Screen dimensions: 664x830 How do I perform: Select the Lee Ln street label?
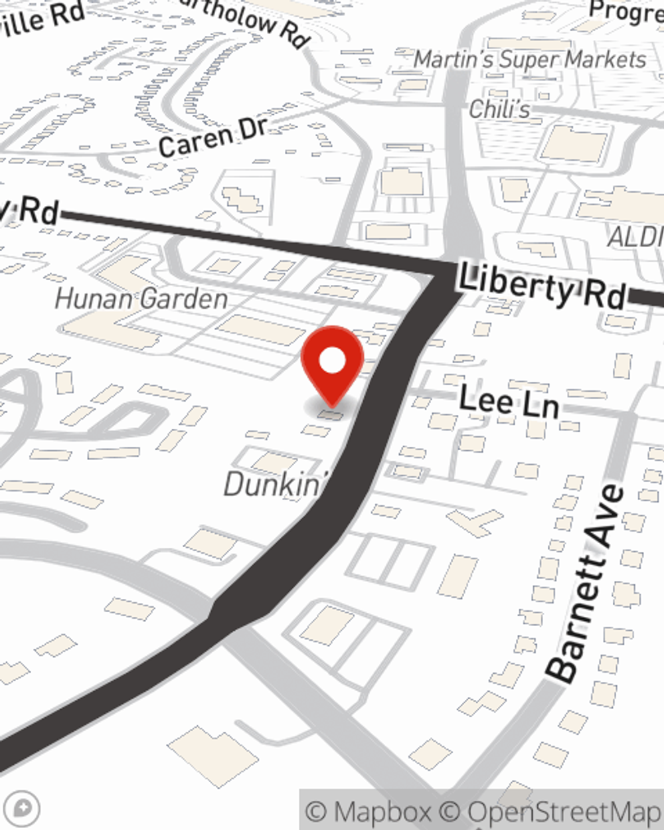click(x=509, y=402)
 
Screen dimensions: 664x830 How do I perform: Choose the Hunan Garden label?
click(x=141, y=299)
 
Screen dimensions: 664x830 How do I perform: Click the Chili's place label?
click(x=499, y=109)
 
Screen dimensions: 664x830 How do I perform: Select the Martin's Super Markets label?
click(x=530, y=60)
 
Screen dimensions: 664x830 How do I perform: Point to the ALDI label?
click(x=635, y=237)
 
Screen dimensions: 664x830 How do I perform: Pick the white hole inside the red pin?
click(x=332, y=361)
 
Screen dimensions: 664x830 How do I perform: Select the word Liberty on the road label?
click(x=507, y=283)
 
